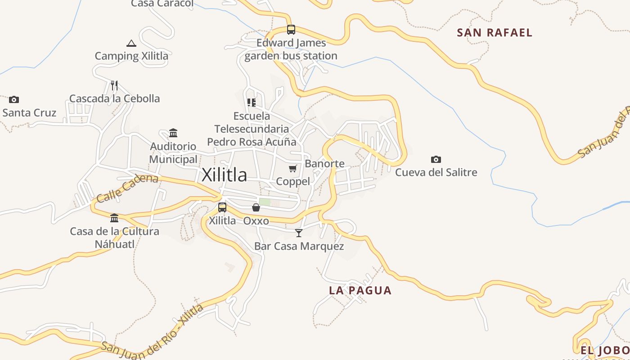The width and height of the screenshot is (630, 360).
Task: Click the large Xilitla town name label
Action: click(x=224, y=175)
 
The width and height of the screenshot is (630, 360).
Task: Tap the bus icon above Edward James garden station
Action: click(x=291, y=30)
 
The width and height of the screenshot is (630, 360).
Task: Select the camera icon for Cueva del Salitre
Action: click(x=436, y=159)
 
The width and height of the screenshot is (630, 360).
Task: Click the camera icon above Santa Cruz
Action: click(x=14, y=99)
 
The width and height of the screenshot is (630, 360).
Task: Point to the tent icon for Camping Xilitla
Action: click(x=131, y=43)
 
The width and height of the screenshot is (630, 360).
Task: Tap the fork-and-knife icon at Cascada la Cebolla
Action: click(x=114, y=85)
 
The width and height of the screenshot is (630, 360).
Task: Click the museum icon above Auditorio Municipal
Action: click(x=173, y=133)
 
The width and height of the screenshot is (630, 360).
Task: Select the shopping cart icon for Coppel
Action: click(x=293, y=169)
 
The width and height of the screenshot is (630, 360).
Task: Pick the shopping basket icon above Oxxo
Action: click(x=256, y=207)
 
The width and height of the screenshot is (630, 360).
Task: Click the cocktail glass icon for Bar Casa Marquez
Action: click(x=299, y=233)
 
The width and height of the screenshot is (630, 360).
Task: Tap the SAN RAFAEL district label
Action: click(x=495, y=32)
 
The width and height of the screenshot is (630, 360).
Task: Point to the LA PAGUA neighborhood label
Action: click(x=360, y=290)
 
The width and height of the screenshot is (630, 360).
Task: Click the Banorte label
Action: click(x=324, y=163)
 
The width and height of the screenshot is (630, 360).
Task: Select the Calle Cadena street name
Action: click(x=127, y=187)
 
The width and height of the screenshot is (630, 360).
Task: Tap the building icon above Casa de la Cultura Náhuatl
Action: click(x=114, y=218)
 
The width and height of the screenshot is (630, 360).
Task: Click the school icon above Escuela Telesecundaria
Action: click(x=252, y=103)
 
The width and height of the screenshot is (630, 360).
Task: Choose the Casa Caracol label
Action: click(x=162, y=4)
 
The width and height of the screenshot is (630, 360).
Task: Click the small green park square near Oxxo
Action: click(x=265, y=202)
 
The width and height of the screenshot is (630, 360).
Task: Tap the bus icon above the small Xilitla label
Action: click(x=222, y=207)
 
